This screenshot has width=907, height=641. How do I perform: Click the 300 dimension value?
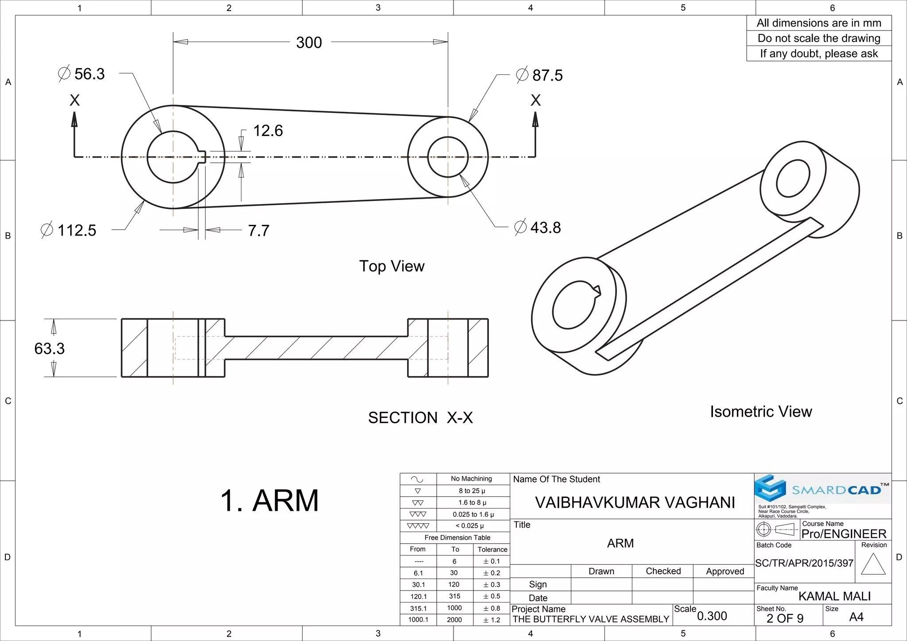pyautogui.click(x=309, y=42)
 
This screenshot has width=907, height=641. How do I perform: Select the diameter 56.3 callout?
pyautogui.click(x=82, y=73)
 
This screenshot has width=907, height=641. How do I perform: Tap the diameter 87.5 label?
pyautogui.click(x=540, y=75)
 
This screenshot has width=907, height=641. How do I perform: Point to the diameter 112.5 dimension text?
pyautogui.click(x=69, y=230)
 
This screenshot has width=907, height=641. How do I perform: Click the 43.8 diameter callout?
pyautogui.click(x=538, y=228)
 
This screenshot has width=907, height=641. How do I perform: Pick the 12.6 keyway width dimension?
pyautogui.click(x=267, y=131)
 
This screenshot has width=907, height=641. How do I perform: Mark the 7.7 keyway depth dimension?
pyautogui.click(x=258, y=231)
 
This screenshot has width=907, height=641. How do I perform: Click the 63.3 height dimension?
pyautogui.click(x=49, y=348)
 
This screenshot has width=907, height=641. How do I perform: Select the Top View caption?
pyautogui.click(x=391, y=266)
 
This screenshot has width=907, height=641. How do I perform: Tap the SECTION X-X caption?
pyautogui.click(x=420, y=417)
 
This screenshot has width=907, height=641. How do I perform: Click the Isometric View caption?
pyautogui.click(x=760, y=411)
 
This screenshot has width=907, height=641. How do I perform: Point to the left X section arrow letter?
pyautogui.click(x=74, y=100)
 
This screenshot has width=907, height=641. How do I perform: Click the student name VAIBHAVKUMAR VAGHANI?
pyautogui.click(x=635, y=502)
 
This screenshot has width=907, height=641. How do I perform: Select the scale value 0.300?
pyautogui.click(x=712, y=616)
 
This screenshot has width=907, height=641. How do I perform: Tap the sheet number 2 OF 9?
pyautogui.click(x=785, y=618)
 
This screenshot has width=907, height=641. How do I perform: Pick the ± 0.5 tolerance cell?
pyautogui.click(x=491, y=596)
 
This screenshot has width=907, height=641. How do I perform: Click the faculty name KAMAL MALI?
pyautogui.click(x=834, y=596)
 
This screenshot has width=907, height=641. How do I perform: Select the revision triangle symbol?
pyautogui.click(x=873, y=564)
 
